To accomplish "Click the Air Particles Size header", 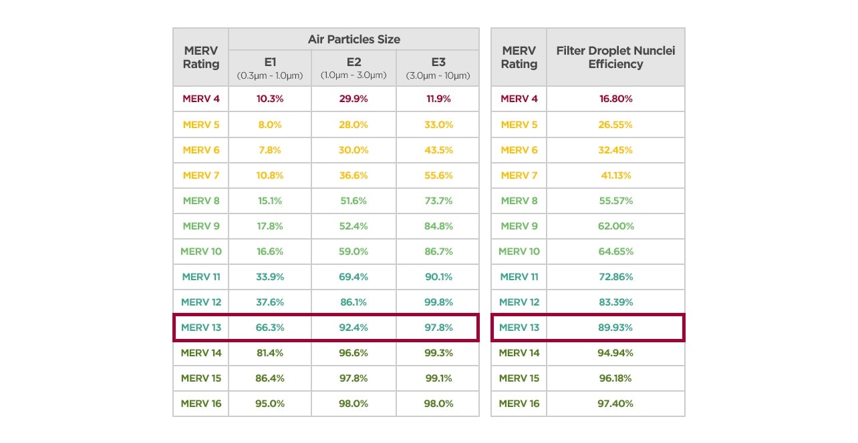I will (x=353, y=39).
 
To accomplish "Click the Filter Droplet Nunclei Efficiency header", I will (x=615, y=57).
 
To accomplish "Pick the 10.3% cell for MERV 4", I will (x=270, y=99).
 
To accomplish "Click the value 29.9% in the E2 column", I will (x=353, y=99).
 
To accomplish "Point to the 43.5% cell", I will (x=438, y=150).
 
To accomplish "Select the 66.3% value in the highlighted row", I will (x=270, y=328).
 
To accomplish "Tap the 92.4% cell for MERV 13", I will (x=353, y=328).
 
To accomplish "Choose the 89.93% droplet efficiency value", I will (x=615, y=328).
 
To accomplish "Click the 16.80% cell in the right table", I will (x=615, y=99).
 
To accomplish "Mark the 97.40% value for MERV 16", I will (x=615, y=404).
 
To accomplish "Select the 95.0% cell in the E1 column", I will (x=270, y=404).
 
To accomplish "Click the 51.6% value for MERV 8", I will (x=353, y=201).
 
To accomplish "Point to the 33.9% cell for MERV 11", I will (x=270, y=277).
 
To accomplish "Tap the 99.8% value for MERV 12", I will (x=438, y=302).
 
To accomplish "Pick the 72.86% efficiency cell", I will (x=615, y=277).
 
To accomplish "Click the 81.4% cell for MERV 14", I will (x=270, y=353).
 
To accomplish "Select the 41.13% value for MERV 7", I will (x=615, y=175).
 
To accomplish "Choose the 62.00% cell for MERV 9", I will (x=615, y=226).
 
